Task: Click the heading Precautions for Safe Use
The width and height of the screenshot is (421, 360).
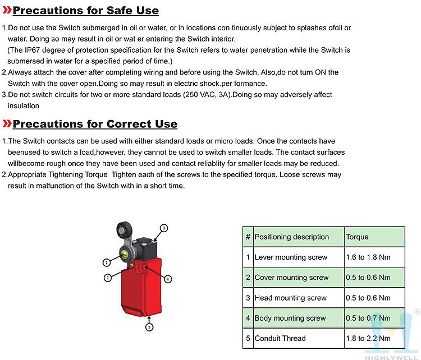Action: [x=85, y=11]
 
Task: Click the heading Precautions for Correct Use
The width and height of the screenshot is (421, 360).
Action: [x=95, y=124]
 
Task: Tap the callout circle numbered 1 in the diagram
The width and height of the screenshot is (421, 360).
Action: [x=106, y=262]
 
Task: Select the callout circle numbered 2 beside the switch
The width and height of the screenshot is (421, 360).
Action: [x=107, y=276]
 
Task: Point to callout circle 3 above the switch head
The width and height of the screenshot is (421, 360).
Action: [x=164, y=228]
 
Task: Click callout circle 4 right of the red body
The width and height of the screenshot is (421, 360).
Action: [x=168, y=279]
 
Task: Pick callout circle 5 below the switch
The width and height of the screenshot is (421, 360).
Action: [x=149, y=326]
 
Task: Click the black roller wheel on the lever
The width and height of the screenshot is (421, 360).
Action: [x=122, y=230]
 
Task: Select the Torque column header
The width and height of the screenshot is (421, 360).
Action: [x=357, y=237]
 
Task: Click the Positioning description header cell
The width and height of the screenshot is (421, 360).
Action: [x=292, y=237]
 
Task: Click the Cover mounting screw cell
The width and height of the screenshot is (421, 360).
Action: [x=292, y=278]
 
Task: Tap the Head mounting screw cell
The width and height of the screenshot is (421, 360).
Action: [x=291, y=298]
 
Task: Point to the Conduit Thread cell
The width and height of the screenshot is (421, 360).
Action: [x=281, y=338]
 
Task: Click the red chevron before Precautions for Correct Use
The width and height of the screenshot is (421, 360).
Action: [x=7, y=124]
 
